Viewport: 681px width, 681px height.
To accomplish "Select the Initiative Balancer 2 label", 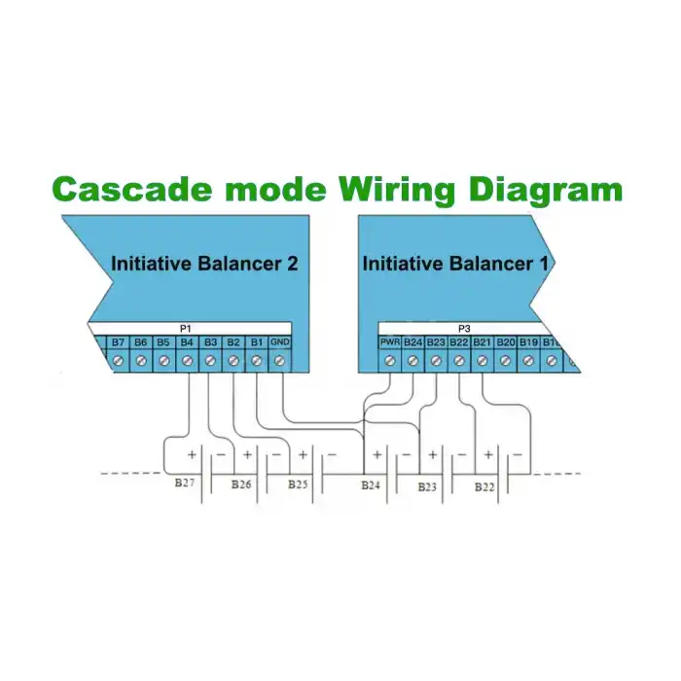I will (203, 263).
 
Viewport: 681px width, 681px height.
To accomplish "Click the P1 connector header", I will (186, 330).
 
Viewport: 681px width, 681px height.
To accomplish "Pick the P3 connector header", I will (464, 330).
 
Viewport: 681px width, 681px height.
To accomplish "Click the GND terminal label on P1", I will (279, 342).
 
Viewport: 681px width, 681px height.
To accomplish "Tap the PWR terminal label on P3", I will (389, 342).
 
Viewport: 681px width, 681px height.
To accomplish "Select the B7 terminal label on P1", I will (118, 342).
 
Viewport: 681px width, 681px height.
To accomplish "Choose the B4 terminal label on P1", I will (187, 342).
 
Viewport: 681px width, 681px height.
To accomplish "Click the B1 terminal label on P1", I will (256, 342).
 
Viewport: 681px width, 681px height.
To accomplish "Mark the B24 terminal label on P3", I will (412, 342).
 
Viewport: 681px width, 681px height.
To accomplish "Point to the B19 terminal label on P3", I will (528, 342).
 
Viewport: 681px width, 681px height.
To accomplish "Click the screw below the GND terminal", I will (279, 361).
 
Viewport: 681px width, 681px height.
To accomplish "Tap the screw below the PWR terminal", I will (389, 361).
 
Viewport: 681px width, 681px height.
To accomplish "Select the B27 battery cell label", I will (184, 483).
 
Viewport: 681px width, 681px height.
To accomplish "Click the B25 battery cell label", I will (297, 484).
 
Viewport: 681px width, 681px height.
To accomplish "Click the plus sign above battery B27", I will (192, 454).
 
